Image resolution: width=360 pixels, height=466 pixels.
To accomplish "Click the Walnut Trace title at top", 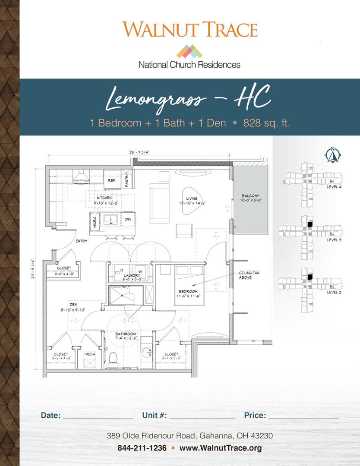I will click(190, 29).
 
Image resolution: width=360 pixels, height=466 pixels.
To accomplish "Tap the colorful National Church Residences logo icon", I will click(189, 51).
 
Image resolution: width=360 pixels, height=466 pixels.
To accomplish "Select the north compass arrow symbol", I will click(333, 155).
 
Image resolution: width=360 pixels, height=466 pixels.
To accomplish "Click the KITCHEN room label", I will click(104, 198).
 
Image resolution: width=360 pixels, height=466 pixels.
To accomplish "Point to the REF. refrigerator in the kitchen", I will click(111, 181).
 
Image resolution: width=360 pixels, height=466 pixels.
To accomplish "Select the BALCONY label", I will click(250, 195).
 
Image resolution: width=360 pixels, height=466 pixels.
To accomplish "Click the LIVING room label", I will click(192, 199).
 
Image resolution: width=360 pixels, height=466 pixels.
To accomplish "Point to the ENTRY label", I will click(82, 241).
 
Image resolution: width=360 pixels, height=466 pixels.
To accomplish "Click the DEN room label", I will click(73, 304).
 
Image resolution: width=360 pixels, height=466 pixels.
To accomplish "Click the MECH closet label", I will click(90, 354).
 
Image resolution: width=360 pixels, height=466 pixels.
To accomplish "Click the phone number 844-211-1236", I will click(142, 448).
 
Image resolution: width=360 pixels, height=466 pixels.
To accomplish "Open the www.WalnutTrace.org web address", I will click(221, 448).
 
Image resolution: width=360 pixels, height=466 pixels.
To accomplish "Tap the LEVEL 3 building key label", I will click(334, 239).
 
